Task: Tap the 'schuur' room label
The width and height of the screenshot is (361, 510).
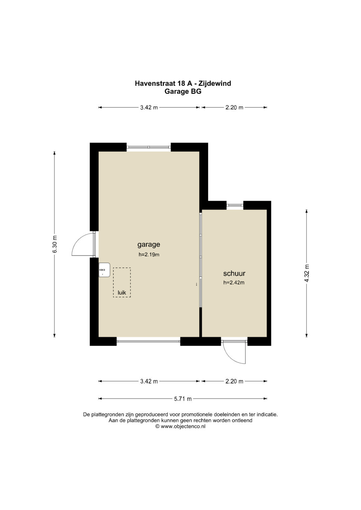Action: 234,273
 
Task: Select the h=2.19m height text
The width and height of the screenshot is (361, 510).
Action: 149,254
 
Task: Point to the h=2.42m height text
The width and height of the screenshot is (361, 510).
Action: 234,283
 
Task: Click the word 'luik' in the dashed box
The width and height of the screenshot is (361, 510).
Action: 122,293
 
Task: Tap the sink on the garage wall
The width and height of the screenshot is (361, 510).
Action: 104,270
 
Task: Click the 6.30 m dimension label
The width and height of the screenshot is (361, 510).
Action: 55,244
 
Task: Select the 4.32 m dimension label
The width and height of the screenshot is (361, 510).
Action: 307,273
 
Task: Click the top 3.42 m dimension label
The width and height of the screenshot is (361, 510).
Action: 149,108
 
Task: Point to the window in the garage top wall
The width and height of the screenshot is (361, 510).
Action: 149,147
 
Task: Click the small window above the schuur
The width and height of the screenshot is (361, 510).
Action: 235,205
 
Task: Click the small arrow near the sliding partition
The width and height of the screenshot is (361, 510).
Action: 196,284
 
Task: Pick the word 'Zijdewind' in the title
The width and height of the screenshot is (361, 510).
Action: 215,83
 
